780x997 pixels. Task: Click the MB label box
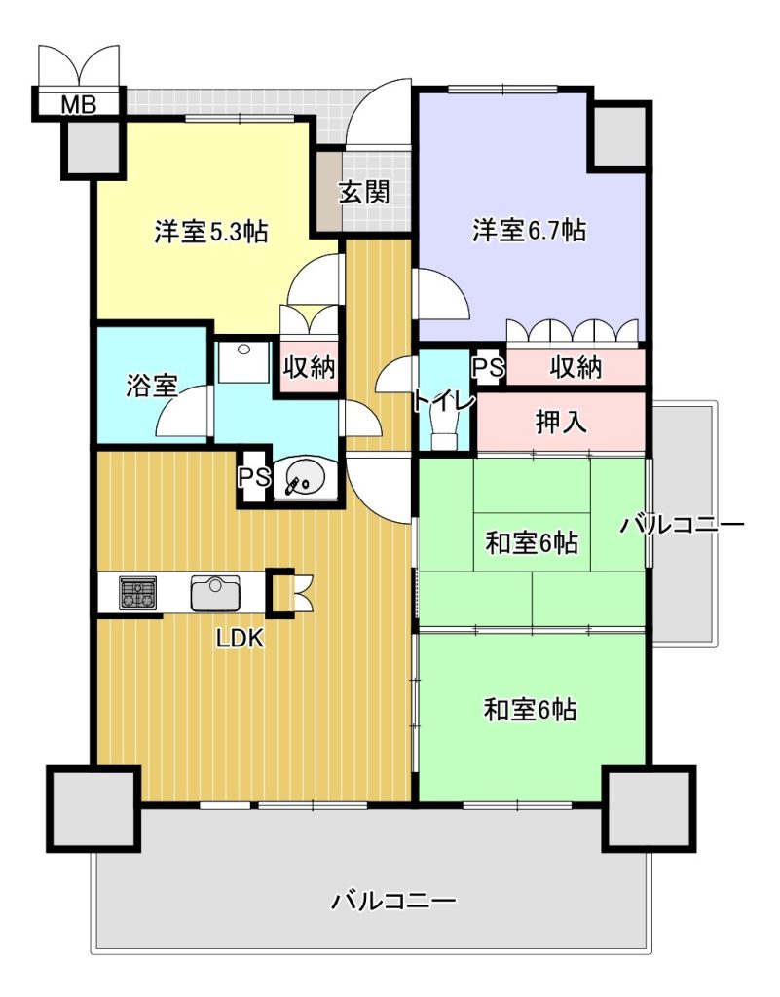click(x=78, y=103)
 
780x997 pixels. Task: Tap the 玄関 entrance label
click(x=363, y=192)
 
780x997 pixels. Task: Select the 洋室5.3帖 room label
click(x=211, y=232)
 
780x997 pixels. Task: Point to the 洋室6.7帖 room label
click(x=529, y=230)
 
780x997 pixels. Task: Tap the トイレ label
click(x=444, y=401)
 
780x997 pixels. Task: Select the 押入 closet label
click(x=561, y=422)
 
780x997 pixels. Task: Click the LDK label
click(x=240, y=639)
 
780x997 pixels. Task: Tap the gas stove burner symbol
click(x=137, y=593)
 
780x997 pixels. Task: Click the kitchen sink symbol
click(x=215, y=593)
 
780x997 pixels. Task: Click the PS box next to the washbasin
click(x=254, y=477)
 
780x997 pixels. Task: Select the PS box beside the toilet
click(x=489, y=367)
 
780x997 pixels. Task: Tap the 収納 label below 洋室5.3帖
click(x=309, y=367)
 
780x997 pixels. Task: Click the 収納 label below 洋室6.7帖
click(x=576, y=367)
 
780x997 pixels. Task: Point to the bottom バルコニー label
click(x=393, y=901)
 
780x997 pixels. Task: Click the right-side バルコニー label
click(x=682, y=525)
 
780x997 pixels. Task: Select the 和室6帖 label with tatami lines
click(x=531, y=543)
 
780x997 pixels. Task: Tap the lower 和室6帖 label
click(x=530, y=709)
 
